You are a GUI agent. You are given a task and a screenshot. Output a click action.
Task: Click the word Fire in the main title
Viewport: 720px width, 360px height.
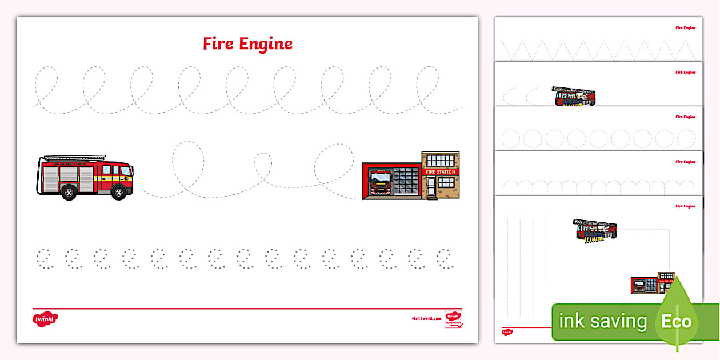(x=219, y=44)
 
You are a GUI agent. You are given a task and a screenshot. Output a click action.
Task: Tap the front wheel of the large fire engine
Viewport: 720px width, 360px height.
(x=118, y=193)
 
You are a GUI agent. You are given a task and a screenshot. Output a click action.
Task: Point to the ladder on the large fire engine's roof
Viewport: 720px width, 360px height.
(x=74, y=157)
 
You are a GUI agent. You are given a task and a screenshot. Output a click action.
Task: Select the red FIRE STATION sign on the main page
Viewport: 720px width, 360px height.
(x=439, y=171)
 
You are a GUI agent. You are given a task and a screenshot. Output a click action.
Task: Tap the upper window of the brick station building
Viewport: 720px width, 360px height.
(x=440, y=160)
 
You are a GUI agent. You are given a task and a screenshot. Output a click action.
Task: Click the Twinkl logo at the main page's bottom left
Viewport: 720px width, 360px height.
(x=45, y=318)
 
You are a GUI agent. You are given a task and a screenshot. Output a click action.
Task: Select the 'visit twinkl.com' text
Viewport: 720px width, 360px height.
(x=426, y=318)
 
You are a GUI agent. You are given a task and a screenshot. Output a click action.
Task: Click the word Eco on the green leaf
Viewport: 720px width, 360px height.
(x=676, y=321)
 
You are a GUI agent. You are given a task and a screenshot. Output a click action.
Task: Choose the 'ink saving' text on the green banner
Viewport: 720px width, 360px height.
(x=603, y=321)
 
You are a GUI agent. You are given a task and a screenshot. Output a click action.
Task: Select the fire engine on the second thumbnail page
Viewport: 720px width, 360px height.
(x=574, y=97)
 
